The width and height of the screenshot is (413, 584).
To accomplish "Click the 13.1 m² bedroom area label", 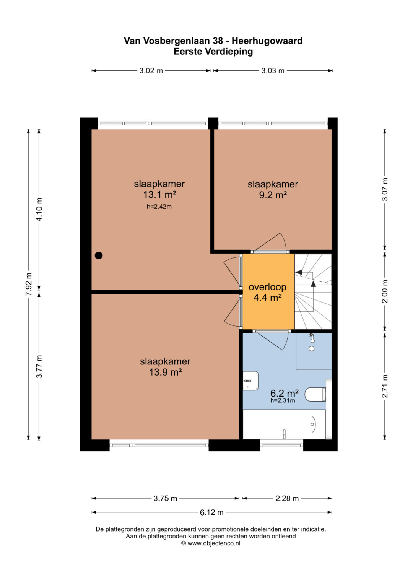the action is pyautogui.click(x=159, y=195).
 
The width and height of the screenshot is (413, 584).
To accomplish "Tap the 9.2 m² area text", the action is pyautogui.click(x=273, y=195).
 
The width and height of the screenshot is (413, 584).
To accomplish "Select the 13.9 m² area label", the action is pyautogui.click(x=165, y=372).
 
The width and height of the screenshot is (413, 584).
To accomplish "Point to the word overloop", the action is pyautogui.click(x=267, y=287).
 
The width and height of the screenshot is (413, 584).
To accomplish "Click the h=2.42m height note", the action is pyautogui.click(x=159, y=207).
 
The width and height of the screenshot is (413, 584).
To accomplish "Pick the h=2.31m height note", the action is pyautogui.click(x=283, y=400).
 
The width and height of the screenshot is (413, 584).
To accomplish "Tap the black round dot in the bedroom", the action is pyautogui.click(x=99, y=255).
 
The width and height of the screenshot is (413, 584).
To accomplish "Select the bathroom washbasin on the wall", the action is pyautogui.click(x=250, y=381).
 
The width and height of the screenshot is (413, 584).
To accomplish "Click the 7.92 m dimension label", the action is pyautogui.click(x=29, y=284).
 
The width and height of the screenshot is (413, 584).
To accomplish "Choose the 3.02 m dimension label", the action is pyautogui.click(x=151, y=71).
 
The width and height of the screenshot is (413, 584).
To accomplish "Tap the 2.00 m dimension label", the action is pyautogui.click(x=385, y=291).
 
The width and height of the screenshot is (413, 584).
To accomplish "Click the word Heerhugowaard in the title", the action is pyautogui.click(x=267, y=41).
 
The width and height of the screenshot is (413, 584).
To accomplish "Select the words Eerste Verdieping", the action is pyautogui.click(x=213, y=52).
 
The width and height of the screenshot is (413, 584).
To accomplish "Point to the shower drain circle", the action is pyautogui.click(x=312, y=349).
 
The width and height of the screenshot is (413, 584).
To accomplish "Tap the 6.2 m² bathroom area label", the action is pyautogui.click(x=284, y=393).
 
